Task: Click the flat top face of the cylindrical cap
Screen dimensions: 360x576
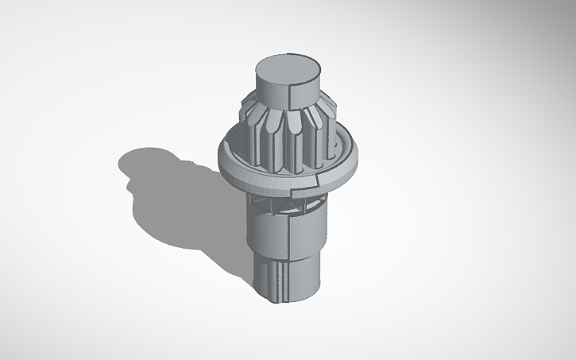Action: (x=288, y=68)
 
